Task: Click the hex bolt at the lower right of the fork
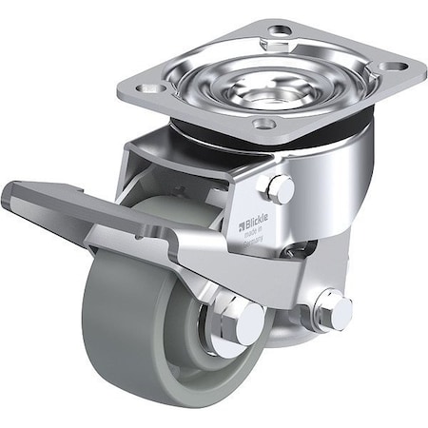(334, 310)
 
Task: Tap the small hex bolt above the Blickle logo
(280, 188)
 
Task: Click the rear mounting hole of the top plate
(279, 30)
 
